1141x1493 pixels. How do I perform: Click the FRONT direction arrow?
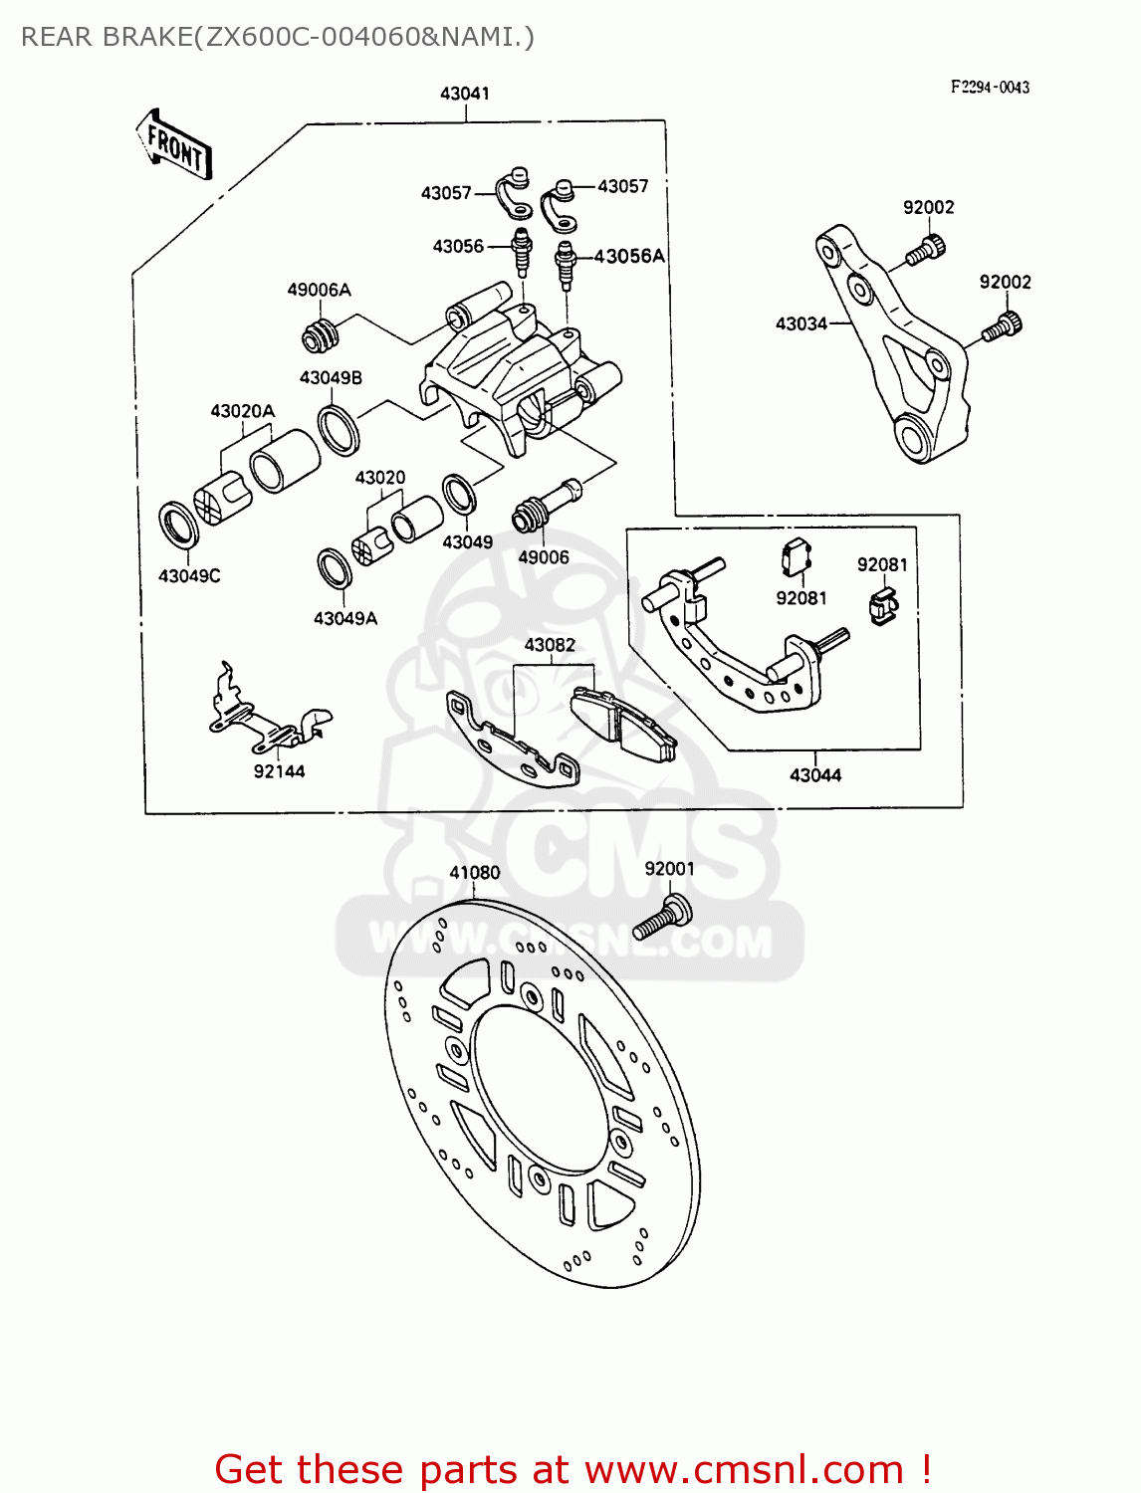[174, 145]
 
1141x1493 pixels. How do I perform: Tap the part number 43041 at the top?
[465, 94]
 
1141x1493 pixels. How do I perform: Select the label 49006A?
[319, 290]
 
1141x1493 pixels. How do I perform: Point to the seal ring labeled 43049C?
[178, 525]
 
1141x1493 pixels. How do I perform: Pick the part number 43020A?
[242, 411]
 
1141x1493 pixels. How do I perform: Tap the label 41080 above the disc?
[474, 873]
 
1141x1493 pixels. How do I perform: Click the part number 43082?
[550, 645]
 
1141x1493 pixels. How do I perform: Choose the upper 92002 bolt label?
[928, 207]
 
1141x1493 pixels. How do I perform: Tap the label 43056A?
[629, 256]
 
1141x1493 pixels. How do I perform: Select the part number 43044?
[814, 774]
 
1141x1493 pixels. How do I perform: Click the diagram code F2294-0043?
[990, 88]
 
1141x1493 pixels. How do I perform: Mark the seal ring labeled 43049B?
[339, 429]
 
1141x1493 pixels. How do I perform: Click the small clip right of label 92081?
[882, 605]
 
